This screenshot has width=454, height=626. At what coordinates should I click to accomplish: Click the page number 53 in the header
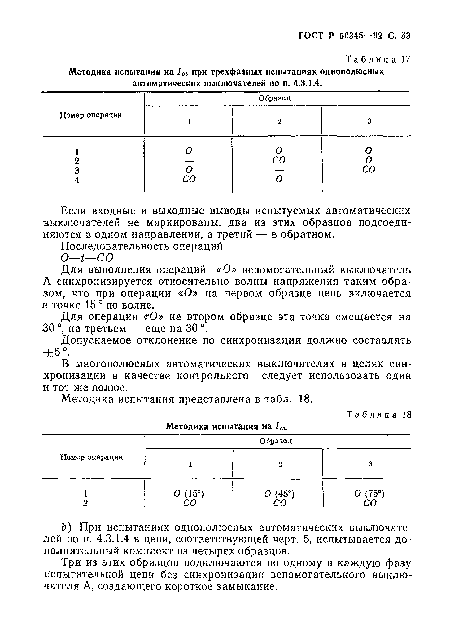(405, 36)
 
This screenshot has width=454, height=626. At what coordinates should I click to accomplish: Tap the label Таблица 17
(378, 59)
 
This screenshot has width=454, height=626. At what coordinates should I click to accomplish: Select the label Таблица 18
(379, 415)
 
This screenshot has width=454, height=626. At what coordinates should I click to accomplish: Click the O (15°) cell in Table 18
(189, 493)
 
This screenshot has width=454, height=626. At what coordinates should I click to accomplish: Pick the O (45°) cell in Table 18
(279, 493)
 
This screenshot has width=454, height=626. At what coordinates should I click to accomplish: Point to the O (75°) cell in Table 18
(369, 493)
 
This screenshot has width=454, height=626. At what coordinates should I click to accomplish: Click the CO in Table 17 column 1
(189, 180)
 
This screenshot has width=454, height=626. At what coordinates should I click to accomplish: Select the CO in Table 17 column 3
(369, 169)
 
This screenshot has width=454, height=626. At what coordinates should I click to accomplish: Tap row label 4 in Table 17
(77, 180)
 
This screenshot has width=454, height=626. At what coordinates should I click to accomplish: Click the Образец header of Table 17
(275, 98)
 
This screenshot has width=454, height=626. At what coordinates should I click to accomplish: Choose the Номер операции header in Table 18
(92, 457)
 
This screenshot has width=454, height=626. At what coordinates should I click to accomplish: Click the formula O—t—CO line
(87, 258)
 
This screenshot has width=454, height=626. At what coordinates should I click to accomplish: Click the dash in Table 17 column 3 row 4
(369, 180)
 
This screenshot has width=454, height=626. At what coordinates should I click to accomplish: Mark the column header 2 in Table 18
(280, 464)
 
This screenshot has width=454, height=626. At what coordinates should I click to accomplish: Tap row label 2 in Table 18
(85, 504)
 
